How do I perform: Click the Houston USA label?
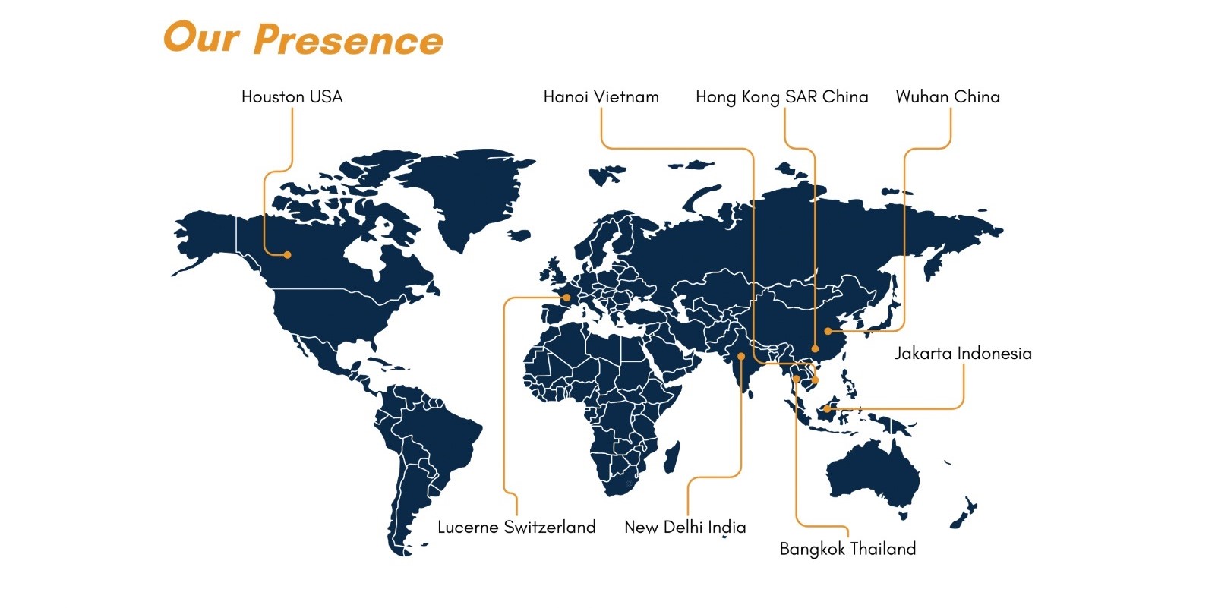292,96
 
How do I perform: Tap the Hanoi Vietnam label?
601,96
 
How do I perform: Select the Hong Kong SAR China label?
781,97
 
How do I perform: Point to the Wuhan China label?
948,96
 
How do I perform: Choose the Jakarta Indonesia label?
963,353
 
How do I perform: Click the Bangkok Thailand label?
847,549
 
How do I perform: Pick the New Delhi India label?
685,527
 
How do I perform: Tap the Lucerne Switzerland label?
516,527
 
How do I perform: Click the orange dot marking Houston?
288,254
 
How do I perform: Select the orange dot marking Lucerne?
566,298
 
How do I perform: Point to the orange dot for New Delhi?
741,356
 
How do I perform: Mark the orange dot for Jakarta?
827,409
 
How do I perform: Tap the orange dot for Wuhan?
828,331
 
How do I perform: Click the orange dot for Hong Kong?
815,348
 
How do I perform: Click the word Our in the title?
201,37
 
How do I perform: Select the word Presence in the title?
349,40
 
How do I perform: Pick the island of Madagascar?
672,457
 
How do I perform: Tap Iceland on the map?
519,235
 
